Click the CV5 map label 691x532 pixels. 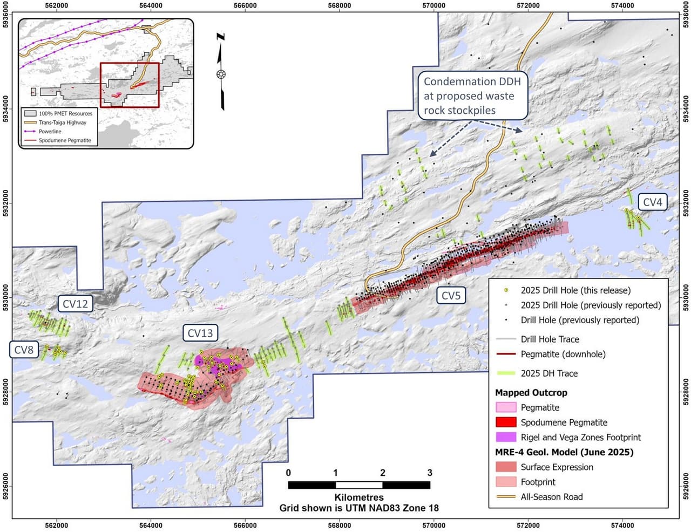tap(451, 296)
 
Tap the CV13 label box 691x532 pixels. tap(200, 333)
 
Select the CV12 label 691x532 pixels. tap(75, 304)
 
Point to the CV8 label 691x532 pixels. tap(24, 350)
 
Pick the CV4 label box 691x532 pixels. tap(652, 202)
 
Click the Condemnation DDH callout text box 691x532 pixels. tap(472, 96)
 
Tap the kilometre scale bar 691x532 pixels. tap(359, 485)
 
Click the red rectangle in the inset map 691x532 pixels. tap(130, 85)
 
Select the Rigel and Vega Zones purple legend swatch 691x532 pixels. tap(505, 437)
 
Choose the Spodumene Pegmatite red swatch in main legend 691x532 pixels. tap(505, 422)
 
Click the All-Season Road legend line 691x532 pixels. tap(505, 497)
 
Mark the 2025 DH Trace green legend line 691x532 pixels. tap(505, 373)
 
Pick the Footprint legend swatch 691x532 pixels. tap(505, 482)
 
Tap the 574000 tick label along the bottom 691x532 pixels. tap(622, 526)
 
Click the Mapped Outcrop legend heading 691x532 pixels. tap(531, 392)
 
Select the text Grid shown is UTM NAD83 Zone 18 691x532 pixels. tap(359, 508)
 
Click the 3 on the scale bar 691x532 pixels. tap(430, 473)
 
